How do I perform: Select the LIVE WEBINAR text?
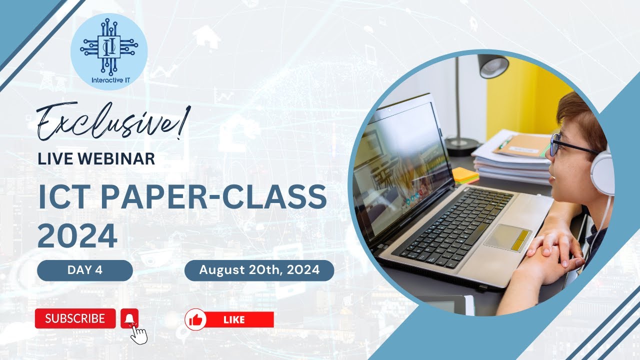point(96,159)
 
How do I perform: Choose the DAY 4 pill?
point(84,270)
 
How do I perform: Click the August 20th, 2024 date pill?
point(259,270)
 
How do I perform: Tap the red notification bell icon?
point(129,318)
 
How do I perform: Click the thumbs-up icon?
point(195,319)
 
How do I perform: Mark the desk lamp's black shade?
point(493,66)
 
